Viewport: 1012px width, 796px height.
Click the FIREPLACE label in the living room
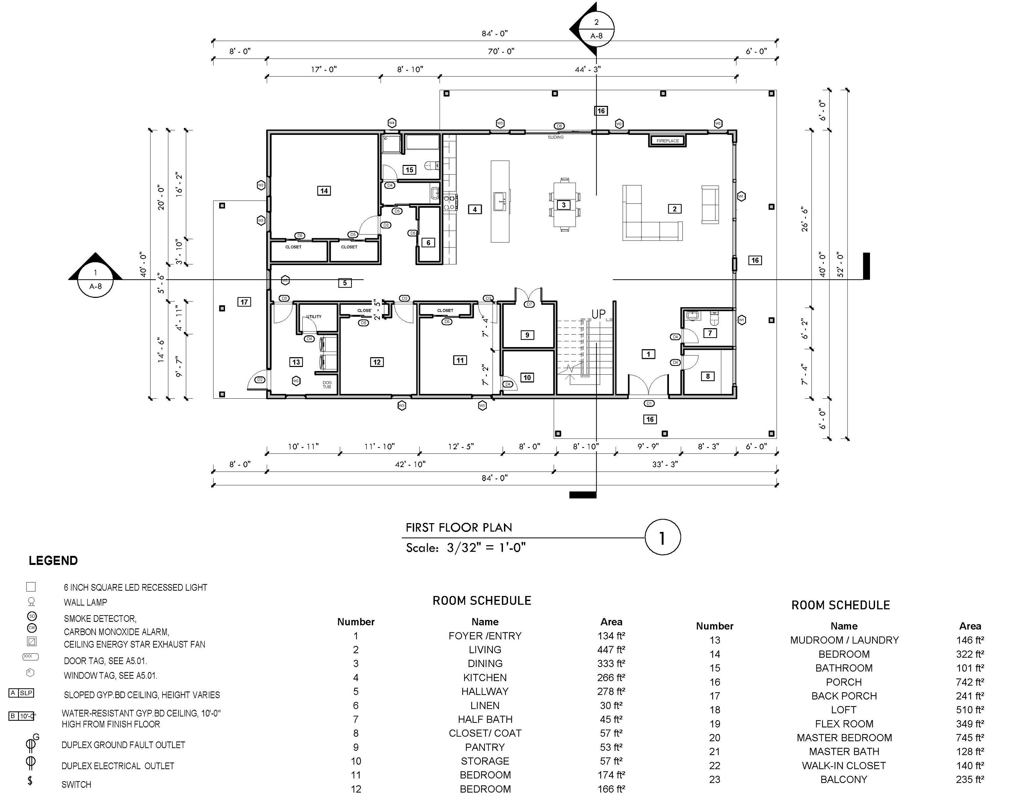tap(668, 141)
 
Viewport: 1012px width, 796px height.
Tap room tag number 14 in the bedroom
tap(324, 191)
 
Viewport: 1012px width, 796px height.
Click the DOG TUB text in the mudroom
tap(327, 385)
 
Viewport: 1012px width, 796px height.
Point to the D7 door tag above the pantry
tap(529, 304)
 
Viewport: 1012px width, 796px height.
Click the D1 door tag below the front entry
tap(649, 403)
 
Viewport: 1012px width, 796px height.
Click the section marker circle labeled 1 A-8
tap(95, 280)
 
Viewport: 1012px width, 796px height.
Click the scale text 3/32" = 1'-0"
tap(486, 548)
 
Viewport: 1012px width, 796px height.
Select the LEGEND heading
tap(53, 561)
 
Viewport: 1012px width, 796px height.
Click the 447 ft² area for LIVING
tap(611, 650)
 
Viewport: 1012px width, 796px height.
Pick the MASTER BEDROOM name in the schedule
tap(844, 738)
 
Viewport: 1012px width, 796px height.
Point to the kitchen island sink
tap(500, 201)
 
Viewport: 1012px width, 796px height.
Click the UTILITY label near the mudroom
tap(314, 316)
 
